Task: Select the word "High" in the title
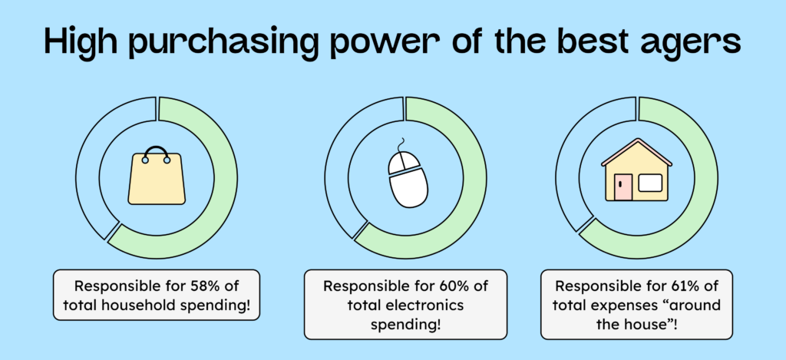81,40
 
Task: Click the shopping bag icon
157,175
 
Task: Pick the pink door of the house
623,187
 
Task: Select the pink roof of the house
636,151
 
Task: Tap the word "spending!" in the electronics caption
405,324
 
